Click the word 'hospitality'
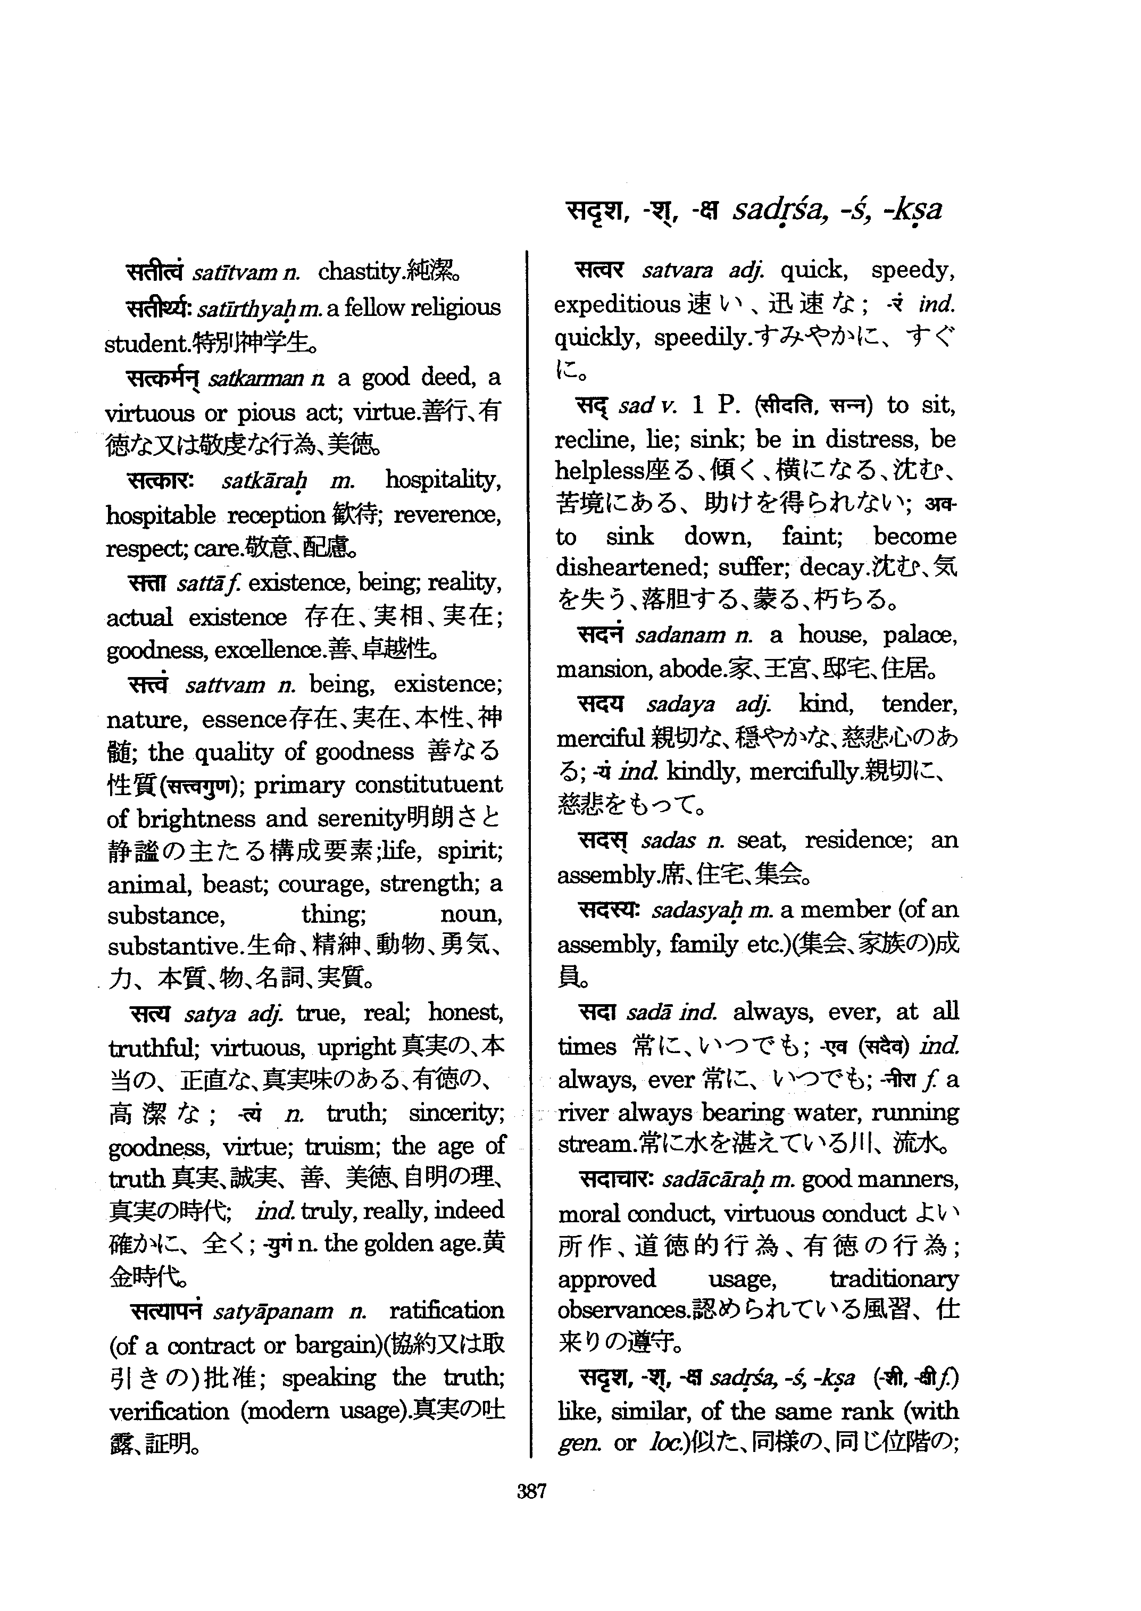[443, 481]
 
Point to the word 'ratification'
[446, 1310]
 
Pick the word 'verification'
[169, 1412]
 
